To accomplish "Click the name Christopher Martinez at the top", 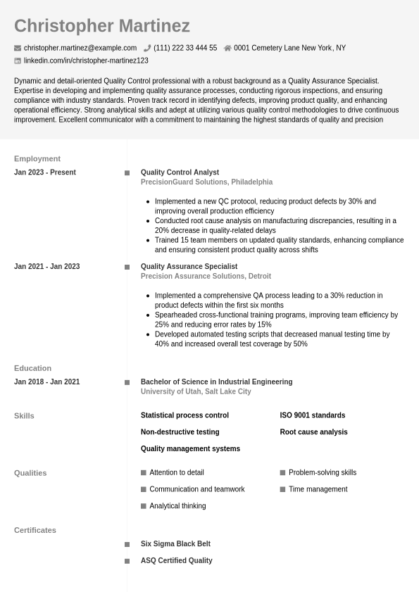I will pyautogui.click(x=101, y=26).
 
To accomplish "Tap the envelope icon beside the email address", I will pyautogui.click(x=18, y=48).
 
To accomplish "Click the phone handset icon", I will pyautogui.click(x=147, y=48).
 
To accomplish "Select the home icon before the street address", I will pyautogui.click(x=227, y=48).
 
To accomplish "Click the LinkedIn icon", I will pyautogui.click(x=18, y=61).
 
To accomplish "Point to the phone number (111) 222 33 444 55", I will pyautogui.click(x=185, y=48).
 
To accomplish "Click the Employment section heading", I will pyautogui.click(x=37, y=158).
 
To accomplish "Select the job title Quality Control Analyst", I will pyautogui.click(x=180, y=172).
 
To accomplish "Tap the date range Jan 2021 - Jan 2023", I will pyautogui.click(x=46, y=267).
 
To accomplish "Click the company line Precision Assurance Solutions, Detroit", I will pyautogui.click(x=206, y=277).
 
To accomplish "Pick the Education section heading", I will pyautogui.click(x=32, y=368).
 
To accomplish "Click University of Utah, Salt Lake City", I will pyautogui.click(x=196, y=391).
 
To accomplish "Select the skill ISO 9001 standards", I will pyautogui.click(x=312, y=415).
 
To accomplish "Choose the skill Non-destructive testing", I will pyautogui.click(x=180, y=432).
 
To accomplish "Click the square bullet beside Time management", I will pyautogui.click(x=282, y=489).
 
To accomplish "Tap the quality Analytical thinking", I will pyautogui.click(x=177, y=506).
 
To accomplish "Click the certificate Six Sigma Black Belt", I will pyautogui.click(x=175, y=544).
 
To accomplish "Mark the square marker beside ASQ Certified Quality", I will pyautogui.click(x=127, y=561).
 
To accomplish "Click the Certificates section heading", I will pyautogui.click(x=35, y=530).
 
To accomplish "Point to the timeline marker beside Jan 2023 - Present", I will pyautogui.click(x=127, y=172).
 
